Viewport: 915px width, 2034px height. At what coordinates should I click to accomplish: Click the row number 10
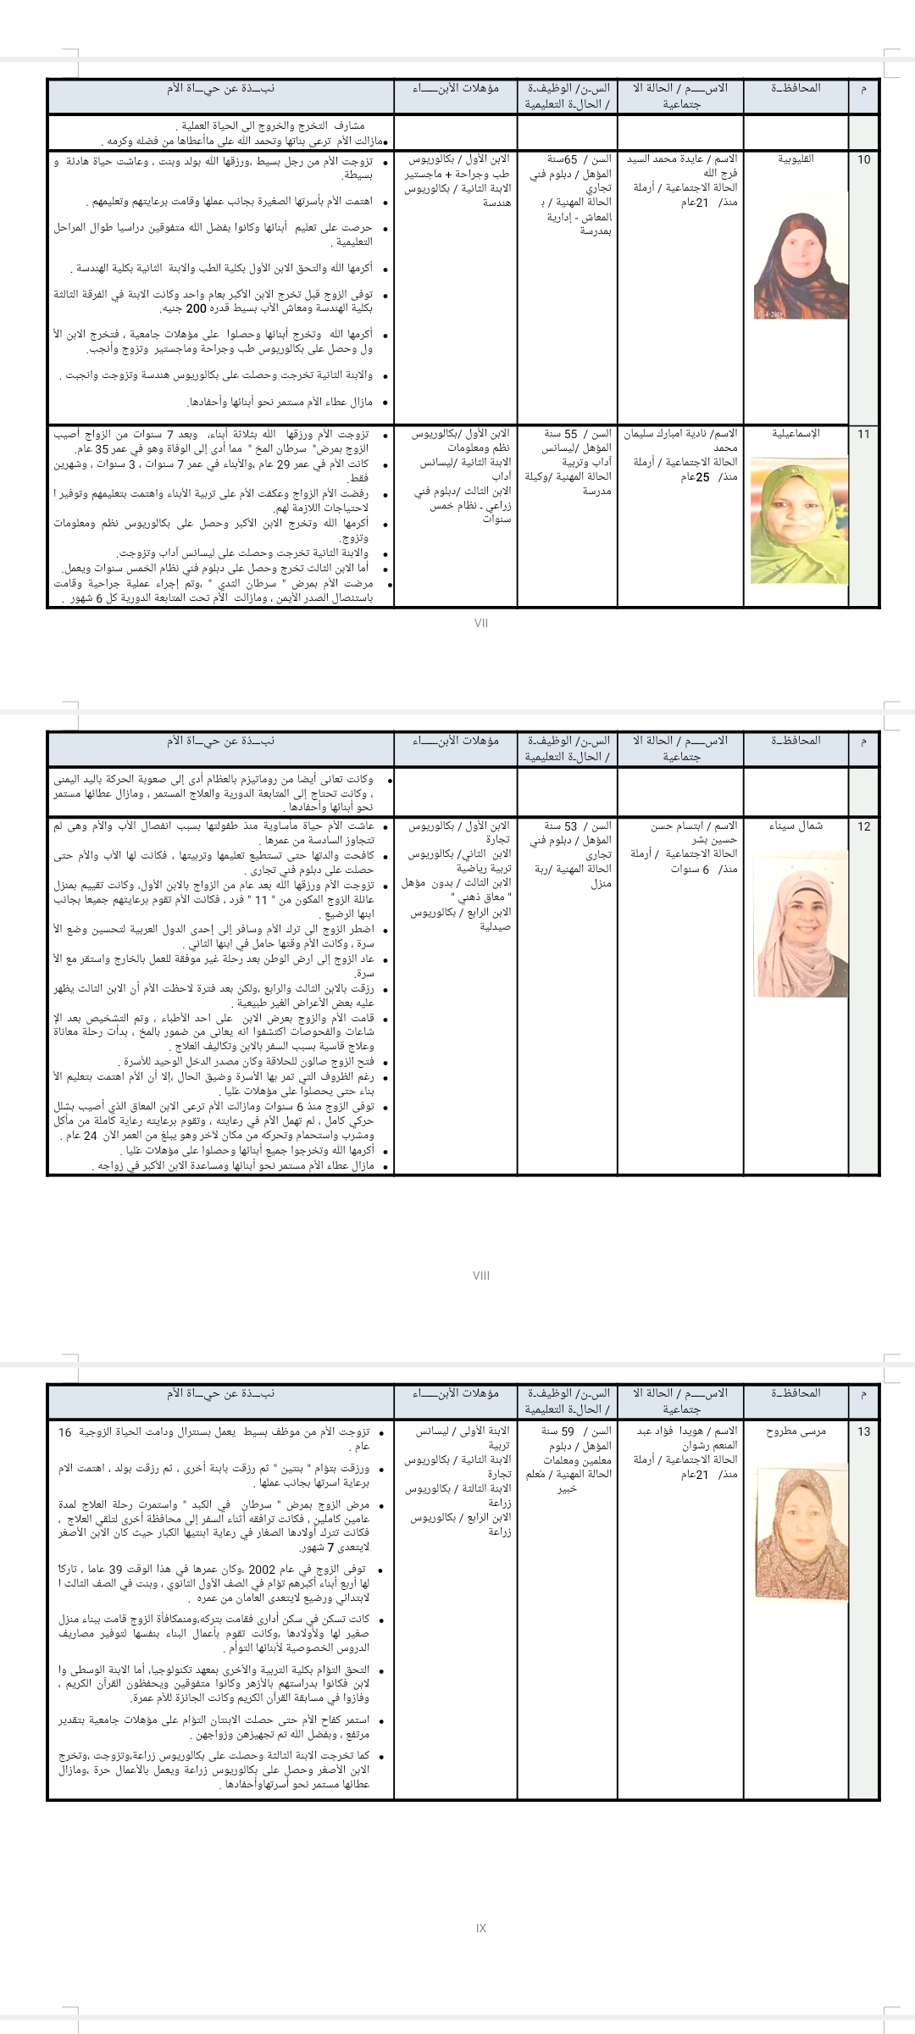[x=863, y=159]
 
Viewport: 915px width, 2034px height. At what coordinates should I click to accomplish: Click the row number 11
[x=863, y=434]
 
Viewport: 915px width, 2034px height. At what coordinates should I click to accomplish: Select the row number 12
[x=863, y=825]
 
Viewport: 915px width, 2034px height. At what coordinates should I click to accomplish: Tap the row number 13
[x=863, y=1431]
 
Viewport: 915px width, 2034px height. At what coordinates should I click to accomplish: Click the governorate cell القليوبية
[x=796, y=159]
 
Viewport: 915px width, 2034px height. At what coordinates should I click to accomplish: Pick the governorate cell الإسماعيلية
[x=796, y=434]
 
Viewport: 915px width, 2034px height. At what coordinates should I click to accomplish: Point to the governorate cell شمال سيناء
[x=796, y=825]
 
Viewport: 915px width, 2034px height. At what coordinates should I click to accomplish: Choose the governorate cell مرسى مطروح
[x=796, y=1431]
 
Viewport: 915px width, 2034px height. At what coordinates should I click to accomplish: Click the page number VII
[x=481, y=623]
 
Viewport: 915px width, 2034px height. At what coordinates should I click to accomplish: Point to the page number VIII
[x=481, y=1275]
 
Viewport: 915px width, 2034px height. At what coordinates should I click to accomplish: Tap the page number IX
[x=481, y=1928]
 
